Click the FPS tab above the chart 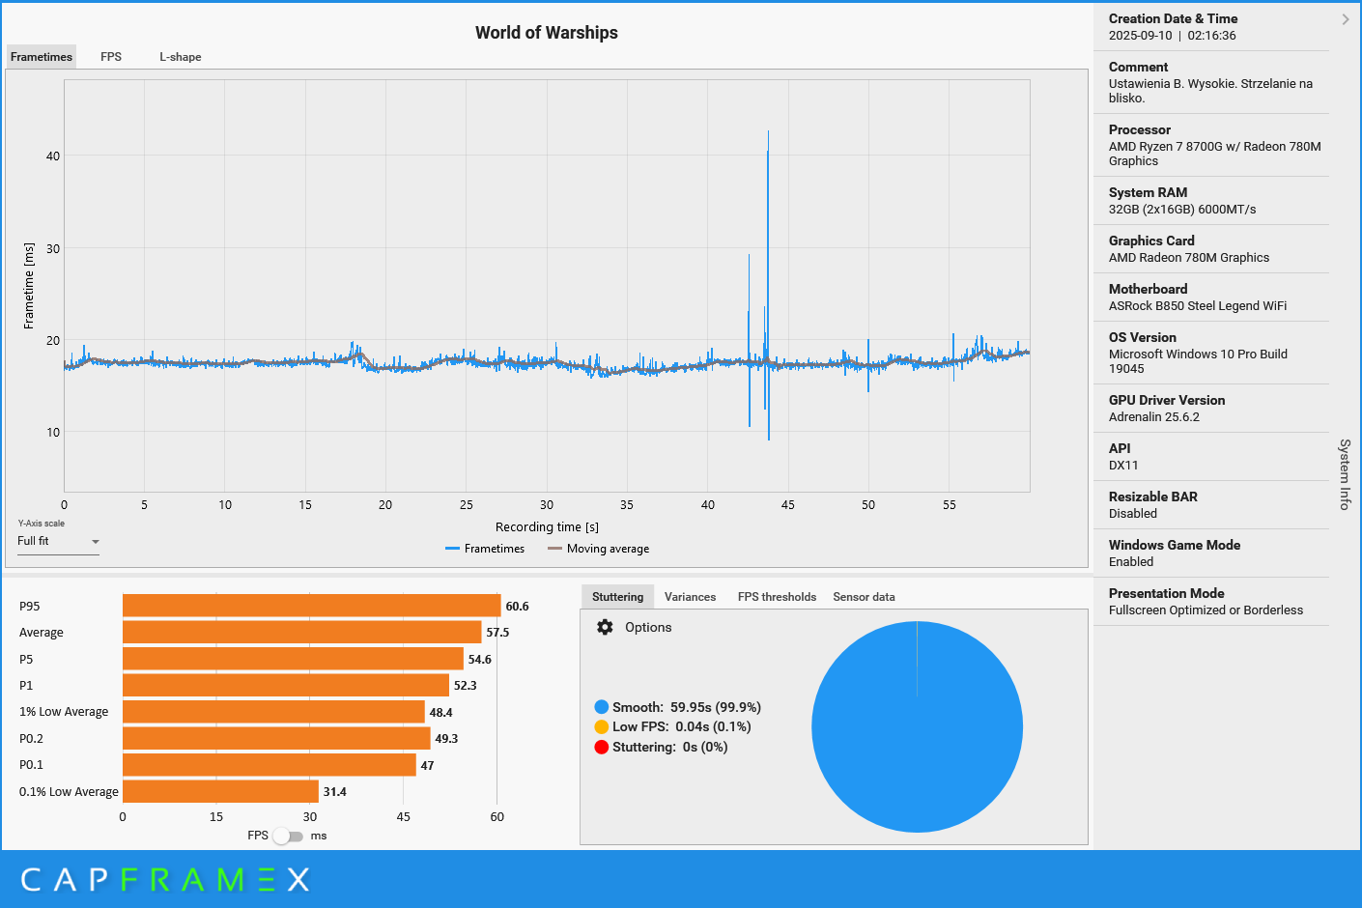coord(111,57)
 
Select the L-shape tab coord(181,57)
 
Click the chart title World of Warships coord(546,33)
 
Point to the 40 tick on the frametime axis coord(53,156)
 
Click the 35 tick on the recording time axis coord(627,505)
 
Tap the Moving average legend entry coord(607,549)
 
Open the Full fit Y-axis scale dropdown coord(58,542)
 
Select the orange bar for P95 coord(311,606)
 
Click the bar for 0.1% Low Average coord(220,791)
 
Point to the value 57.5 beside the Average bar coord(497,633)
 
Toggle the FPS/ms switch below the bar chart coord(287,836)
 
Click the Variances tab coord(690,597)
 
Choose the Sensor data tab coord(864,597)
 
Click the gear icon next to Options coord(605,627)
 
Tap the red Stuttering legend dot coord(602,747)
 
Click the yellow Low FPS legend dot coord(602,726)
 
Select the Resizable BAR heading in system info coord(1152,497)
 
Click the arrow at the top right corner coord(1346,19)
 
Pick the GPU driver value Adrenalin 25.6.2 coord(1153,417)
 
